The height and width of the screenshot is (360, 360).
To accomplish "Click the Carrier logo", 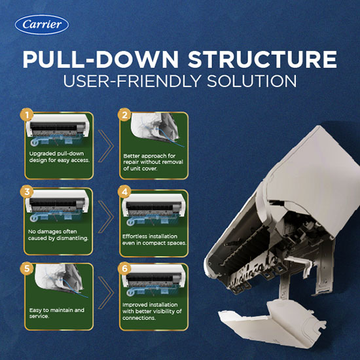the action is coord(42,25).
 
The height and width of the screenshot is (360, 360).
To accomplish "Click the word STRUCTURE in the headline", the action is coord(262,59).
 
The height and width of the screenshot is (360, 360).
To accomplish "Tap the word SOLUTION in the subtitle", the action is coord(251,81).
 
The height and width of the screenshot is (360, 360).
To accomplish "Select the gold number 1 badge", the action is coord(27,115).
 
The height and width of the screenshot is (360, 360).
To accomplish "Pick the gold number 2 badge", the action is coord(124,115).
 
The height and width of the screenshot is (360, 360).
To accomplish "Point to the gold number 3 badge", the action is coord(27,192).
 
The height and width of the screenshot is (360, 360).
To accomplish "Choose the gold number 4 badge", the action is coord(124,192).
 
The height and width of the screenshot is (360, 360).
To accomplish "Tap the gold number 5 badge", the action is coord(27,268).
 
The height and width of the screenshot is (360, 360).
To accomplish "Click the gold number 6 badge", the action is coord(124,268).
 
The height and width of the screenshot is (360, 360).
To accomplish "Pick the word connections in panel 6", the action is coord(135,318).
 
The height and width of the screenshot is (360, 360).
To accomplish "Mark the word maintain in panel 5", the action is coord(62,310).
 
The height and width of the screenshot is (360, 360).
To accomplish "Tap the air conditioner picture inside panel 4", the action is coord(153,209).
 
